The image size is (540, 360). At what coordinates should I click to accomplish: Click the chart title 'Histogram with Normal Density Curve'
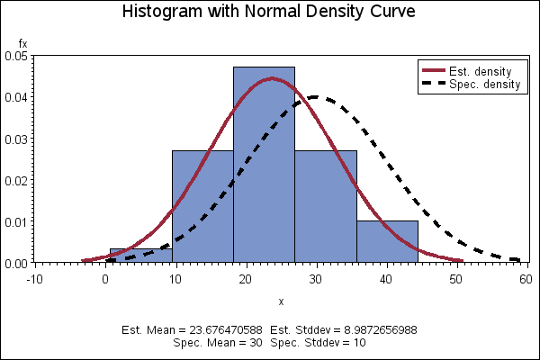point(269,13)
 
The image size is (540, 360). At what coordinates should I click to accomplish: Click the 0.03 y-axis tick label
point(15,139)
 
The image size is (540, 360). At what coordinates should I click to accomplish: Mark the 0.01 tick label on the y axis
point(15,222)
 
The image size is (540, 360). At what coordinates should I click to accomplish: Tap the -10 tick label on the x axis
point(34,278)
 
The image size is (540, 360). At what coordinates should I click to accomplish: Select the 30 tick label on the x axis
point(315,278)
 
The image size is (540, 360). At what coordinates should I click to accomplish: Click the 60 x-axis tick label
point(526,278)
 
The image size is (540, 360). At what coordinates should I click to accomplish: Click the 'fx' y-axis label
point(23,43)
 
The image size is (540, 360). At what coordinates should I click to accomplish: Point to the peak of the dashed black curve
point(315,96)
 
